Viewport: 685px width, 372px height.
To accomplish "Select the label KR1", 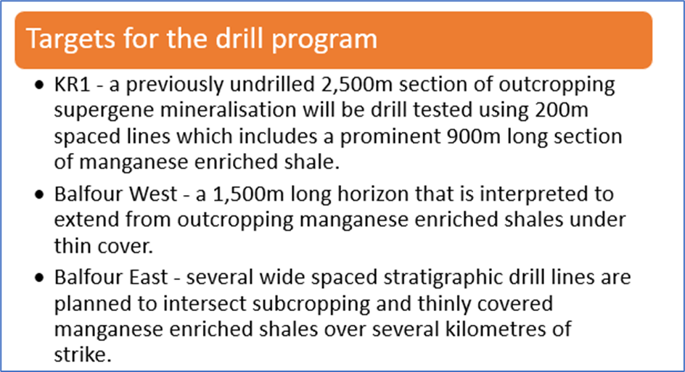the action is coord(72,84).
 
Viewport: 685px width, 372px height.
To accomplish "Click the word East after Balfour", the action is coord(147,277).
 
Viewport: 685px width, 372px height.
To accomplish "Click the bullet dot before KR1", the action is coord(40,85).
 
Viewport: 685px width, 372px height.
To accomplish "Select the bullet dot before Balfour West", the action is coord(40,194).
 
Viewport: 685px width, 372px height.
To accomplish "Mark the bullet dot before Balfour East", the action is coord(40,278).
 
